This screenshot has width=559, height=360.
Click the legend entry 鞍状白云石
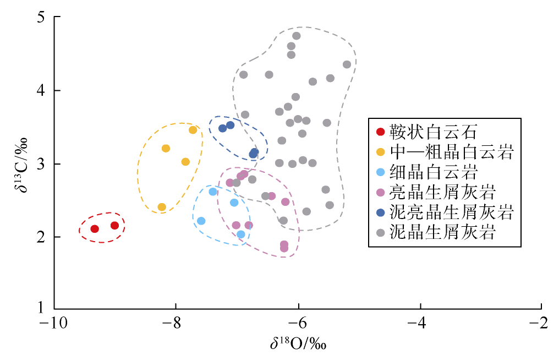click(x=432, y=132)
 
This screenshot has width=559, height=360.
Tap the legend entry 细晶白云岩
click(x=432, y=172)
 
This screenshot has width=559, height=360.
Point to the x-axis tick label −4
click(x=419, y=323)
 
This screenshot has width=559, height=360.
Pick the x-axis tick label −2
click(x=541, y=323)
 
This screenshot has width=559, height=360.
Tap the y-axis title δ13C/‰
click(x=20, y=163)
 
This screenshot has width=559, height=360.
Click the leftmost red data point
click(x=95, y=229)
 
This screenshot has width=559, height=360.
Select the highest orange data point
click(x=193, y=130)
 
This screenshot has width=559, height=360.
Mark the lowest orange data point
click(x=162, y=208)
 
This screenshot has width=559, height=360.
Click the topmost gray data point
click(x=297, y=36)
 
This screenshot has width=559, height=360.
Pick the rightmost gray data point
click(x=347, y=64)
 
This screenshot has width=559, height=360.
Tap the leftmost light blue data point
click(x=201, y=221)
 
